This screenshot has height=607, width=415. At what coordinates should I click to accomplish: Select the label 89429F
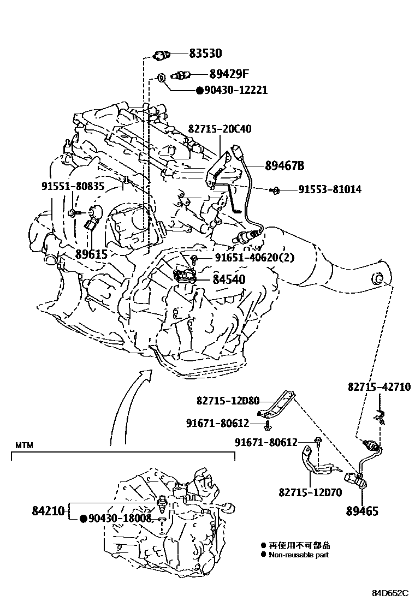(x=229, y=74)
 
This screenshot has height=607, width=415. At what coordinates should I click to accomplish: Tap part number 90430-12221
(x=236, y=90)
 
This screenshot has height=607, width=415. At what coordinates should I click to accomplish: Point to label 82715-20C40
(x=220, y=129)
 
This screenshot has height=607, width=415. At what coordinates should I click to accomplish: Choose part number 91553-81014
(x=329, y=189)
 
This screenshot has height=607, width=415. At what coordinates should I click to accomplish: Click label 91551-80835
(x=73, y=186)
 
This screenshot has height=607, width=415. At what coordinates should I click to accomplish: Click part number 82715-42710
(x=379, y=386)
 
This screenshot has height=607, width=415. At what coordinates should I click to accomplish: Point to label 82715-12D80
(x=228, y=401)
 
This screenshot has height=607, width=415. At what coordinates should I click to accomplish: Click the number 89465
(x=362, y=511)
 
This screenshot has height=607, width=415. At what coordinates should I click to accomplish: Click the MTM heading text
(x=24, y=445)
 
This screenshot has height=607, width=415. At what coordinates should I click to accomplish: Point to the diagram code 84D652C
(x=390, y=593)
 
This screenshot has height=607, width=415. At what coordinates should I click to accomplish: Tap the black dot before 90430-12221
(x=200, y=91)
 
